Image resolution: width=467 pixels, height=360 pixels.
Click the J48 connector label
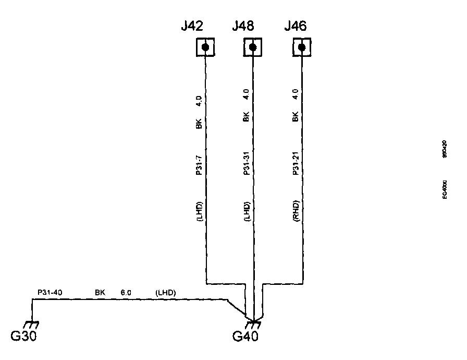point(243,26)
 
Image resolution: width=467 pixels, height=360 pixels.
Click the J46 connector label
point(295,26)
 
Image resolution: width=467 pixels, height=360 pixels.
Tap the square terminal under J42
point(205,48)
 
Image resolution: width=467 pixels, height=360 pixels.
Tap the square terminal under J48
point(253,48)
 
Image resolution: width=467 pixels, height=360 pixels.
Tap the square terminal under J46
point(301,48)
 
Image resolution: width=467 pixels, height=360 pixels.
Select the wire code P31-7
point(199,165)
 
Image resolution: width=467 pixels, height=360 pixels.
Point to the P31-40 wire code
point(50,293)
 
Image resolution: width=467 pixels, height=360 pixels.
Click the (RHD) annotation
point(296,212)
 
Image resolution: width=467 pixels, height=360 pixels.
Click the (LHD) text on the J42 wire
point(199,212)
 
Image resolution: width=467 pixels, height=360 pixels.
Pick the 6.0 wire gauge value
point(126,293)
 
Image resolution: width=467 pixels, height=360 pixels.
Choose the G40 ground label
point(245,336)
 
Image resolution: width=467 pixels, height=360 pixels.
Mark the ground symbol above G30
point(32,325)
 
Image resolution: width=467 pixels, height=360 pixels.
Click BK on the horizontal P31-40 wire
point(100,293)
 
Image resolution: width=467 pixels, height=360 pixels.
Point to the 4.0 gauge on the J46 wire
point(296,94)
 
